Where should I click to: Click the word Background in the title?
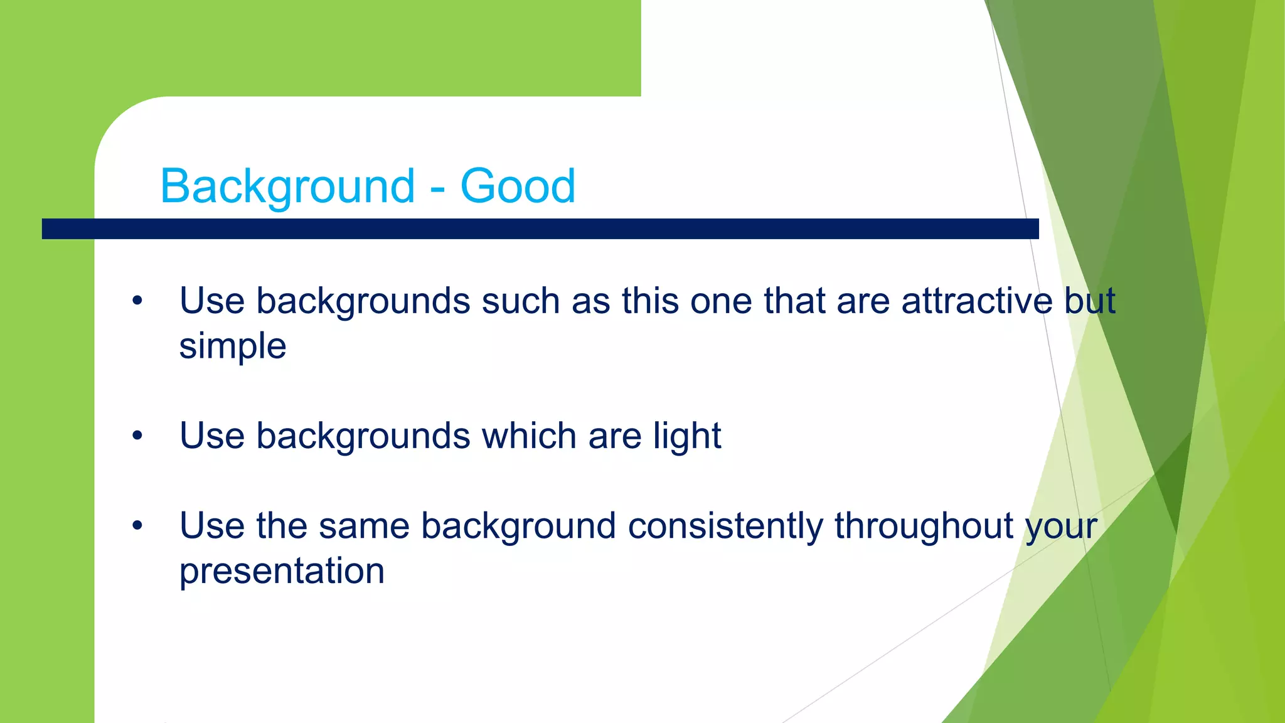tap(287, 186)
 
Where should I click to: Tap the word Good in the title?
tap(518, 186)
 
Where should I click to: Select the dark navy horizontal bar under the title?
tap(540, 228)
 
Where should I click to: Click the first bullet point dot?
tap(137, 301)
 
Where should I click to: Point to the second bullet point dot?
tap(137, 436)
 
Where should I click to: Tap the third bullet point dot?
tap(137, 526)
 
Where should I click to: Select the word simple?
tap(232, 346)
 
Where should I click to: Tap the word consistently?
tap(725, 525)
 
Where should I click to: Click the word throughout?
tap(924, 525)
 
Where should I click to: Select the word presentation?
tap(282, 571)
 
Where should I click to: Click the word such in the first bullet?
tap(520, 301)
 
